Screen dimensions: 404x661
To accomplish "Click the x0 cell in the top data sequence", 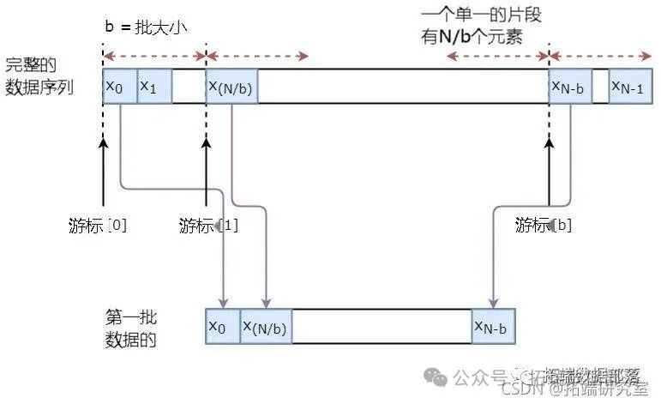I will [x=119, y=87].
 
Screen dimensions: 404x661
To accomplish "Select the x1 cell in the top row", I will [x=154, y=87].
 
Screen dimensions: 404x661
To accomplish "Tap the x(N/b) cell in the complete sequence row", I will [x=231, y=87].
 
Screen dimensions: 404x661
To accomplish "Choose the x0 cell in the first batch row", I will [x=223, y=326].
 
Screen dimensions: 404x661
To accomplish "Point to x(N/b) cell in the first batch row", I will [x=266, y=326].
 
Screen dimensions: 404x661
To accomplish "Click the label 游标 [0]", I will [x=98, y=225].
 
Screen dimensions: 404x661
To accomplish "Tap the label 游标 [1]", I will [x=207, y=226].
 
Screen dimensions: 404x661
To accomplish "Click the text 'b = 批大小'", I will [x=146, y=27].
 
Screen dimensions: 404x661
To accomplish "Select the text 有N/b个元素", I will [x=480, y=38].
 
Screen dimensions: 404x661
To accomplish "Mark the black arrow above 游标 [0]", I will [x=103, y=176].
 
